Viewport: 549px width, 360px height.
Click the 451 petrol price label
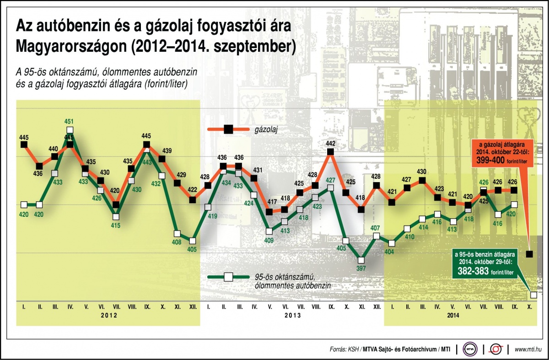coord(69,122)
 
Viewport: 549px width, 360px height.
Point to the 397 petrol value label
coord(361,269)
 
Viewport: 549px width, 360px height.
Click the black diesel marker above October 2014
coord(529,254)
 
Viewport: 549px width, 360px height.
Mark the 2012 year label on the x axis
coord(108,315)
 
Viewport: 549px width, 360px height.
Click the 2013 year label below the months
coord(292,315)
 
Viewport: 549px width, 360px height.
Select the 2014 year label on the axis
coord(453,315)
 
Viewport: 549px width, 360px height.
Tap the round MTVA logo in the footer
coord(470,349)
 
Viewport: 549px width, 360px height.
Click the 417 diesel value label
coord(270,202)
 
